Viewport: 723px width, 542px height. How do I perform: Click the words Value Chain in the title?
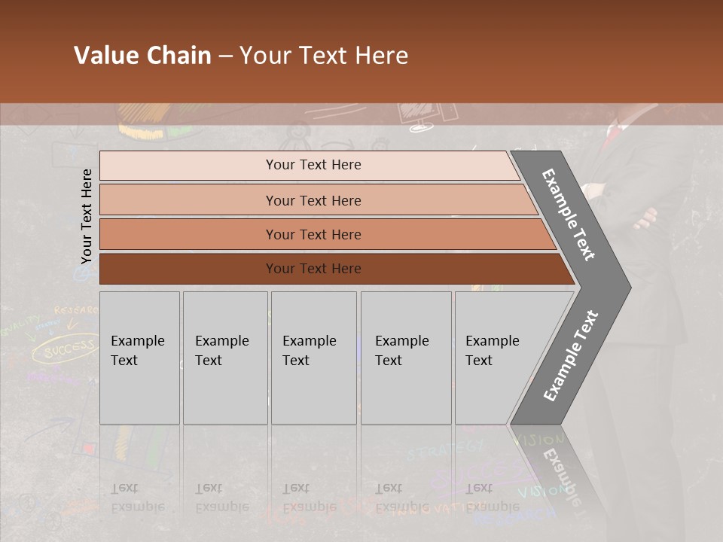[x=142, y=56]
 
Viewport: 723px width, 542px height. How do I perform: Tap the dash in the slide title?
[x=225, y=56]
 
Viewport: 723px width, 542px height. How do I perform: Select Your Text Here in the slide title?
[x=324, y=56]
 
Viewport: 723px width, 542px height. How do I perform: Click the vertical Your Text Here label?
[x=87, y=216]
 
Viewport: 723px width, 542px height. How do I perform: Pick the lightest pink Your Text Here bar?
[x=313, y=165]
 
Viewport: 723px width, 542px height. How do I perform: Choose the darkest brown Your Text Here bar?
[x=313, y=269]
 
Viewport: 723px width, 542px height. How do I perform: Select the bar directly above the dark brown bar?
[x=313, y=234]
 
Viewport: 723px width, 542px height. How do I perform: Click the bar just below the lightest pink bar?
[x=313, y=200]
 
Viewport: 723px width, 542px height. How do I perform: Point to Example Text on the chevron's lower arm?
[x=571, y=355]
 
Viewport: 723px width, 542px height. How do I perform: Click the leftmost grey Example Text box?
[x=139, y=358]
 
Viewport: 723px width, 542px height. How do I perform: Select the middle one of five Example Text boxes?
[x=313, y=358]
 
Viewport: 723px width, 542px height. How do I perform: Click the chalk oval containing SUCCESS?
[x=67, y=349]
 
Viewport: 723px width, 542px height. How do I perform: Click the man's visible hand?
[x=646, y=219]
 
